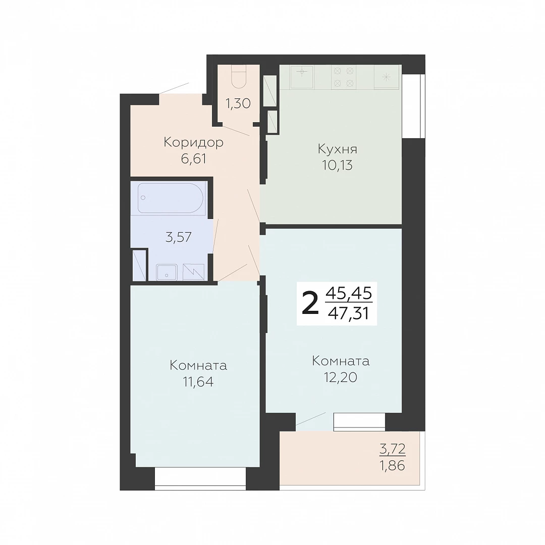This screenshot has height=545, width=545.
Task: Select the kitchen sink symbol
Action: pyautogui.click(x=302, y=77)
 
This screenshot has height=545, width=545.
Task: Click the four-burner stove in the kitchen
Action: pyautogui.click(x=344, y=77)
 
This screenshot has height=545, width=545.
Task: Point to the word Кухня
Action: pyautogui.click(x=337, y=149)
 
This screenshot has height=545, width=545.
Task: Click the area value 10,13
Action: pyautogui.click(x=337, y=166)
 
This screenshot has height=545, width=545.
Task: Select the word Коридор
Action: pyautogui.click(x=193, y=142)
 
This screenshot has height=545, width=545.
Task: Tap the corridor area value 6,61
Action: pyautogui.click(x=194, y=159)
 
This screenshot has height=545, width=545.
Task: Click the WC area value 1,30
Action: pyautogui.click(x=238, y=103)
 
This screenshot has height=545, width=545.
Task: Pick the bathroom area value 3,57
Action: pyautogui.click(x=179, y=237)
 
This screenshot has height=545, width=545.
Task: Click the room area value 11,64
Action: pyautogui.click(x=198, y=381)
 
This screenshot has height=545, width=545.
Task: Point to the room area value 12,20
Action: pyautogui.click(x=341, y=377)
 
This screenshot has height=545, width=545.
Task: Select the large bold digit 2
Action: pyautogui.click(x=310, y=303)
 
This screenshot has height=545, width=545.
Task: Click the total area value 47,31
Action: pyautogui.click(x=348, y=314)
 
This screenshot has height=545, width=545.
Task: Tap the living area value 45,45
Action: pyautogui.click(x=349, y=294)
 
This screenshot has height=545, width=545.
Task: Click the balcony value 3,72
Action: pyautogui.click(x=393, y=449)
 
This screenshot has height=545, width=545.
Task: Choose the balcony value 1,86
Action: pyautogui.click(x=393, y=465)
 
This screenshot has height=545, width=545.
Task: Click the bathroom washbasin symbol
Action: pyautogui.click(x=167, y=272)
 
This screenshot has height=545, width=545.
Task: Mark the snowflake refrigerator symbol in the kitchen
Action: pyautogui.click(x=387, y=77)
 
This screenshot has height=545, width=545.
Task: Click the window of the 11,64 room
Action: pyautogui.click(x=200, y=479)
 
